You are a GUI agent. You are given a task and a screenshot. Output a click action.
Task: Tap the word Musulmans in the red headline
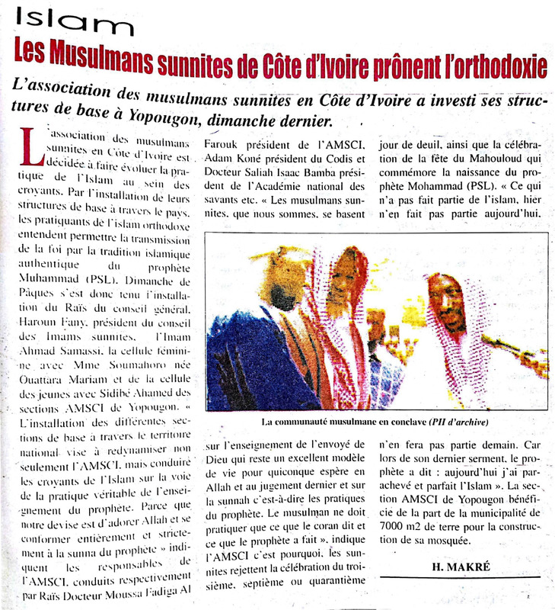[113, 60]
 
